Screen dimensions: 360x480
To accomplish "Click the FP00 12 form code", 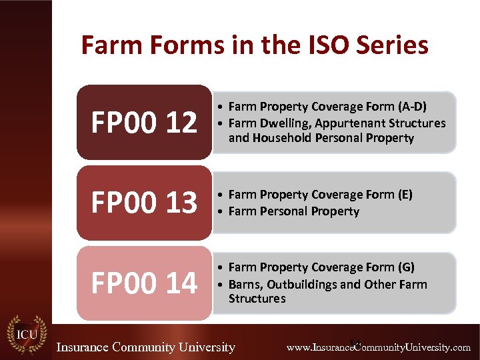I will pyautogui.click(x=144, y=123).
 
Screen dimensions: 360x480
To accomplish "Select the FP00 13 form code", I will pyautogui.click(x=144, y=203).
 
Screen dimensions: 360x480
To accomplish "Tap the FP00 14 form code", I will pyautogui.click(x=144, y=283).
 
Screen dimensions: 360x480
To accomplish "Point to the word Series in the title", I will pyautogui.click(x=391, y=45).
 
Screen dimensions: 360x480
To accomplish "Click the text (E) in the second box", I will pyautogui.click(x=404, y=195).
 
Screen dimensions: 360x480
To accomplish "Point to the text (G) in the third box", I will pyautogui.click(x=405, y=267).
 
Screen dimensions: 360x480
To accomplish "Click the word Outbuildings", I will pyautogui.click(x=303, y=284).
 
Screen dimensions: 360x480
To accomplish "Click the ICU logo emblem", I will pyautogui.click(x=26, y=336).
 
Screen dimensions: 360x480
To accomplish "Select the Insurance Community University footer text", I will pyautogui.click(x=145, y=347).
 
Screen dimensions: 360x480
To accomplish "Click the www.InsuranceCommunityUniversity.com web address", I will pyautogui.click(x=378, y=347).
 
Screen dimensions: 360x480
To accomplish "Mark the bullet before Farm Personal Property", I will pyautogui.click(x=221, y=211).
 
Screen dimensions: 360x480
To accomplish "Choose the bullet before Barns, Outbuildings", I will pyautogui.click(x=221, y=285).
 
